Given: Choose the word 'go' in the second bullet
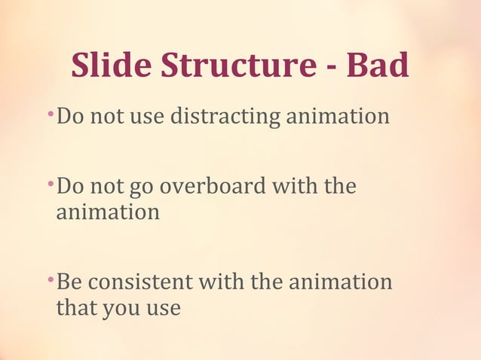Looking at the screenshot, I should [x=135, y=188].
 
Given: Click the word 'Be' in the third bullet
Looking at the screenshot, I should [x=70, y=282].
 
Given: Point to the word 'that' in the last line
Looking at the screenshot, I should [x=74, y=307].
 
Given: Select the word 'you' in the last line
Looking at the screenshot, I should [x=118, y=310].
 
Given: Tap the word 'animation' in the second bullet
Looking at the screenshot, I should [x=108, y=212].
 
